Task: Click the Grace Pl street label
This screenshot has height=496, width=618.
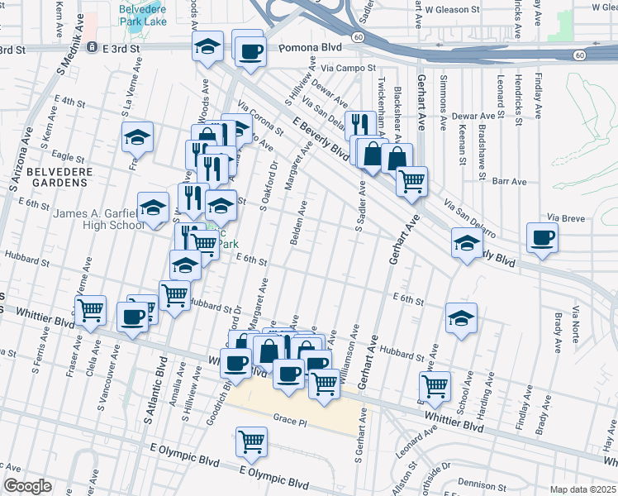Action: pos(290,422)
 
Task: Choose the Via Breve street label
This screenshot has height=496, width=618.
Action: pos(565,217)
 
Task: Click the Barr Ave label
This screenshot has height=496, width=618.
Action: pos(509,181)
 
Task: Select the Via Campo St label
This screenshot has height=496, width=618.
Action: pos(349,69)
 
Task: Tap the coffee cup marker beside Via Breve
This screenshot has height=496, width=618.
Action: pos(543,238)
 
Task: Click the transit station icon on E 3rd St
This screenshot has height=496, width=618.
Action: pos(93,49)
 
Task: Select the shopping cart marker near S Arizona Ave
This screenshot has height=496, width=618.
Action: pos(90,310)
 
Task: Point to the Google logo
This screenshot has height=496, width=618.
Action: pos(27,486)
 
